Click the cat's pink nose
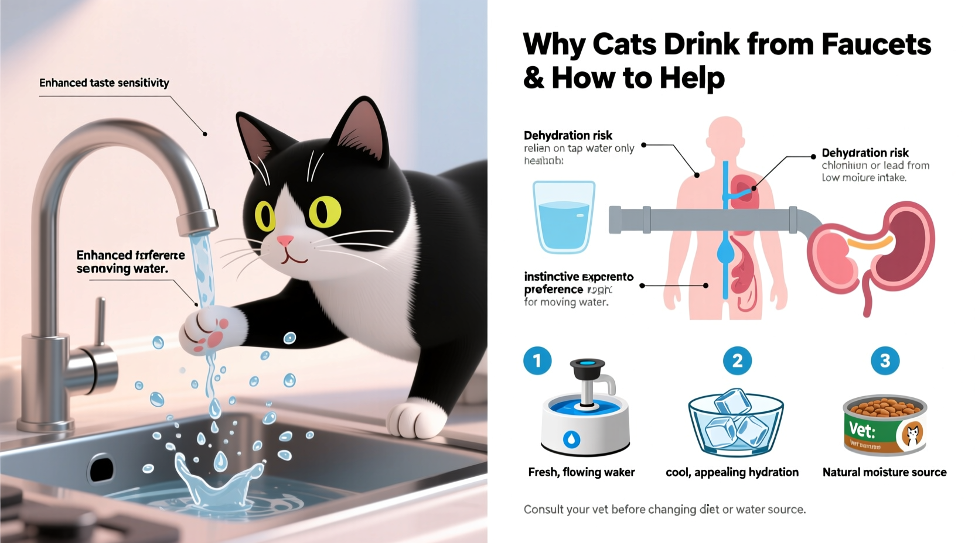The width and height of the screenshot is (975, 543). click(x=285, y=240)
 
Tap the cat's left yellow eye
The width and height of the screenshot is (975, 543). click(x=265, y=216)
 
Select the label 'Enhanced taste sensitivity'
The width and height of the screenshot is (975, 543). click(x=104, y=83)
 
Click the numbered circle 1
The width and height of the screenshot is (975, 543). click(x=537, y=360)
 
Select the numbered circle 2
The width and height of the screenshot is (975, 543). click(x=737, y=360)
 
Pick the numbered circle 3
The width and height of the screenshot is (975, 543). click(x=885, y=360)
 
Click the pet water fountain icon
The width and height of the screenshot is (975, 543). click(x=585, y=410)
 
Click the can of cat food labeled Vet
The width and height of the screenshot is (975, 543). click(x=885, y=424)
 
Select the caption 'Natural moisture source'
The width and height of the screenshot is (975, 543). click(x=884, y=472)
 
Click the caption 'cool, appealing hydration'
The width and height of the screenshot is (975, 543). click(x=732, y=472)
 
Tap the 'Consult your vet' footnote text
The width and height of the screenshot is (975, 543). click(x=664, y=510)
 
